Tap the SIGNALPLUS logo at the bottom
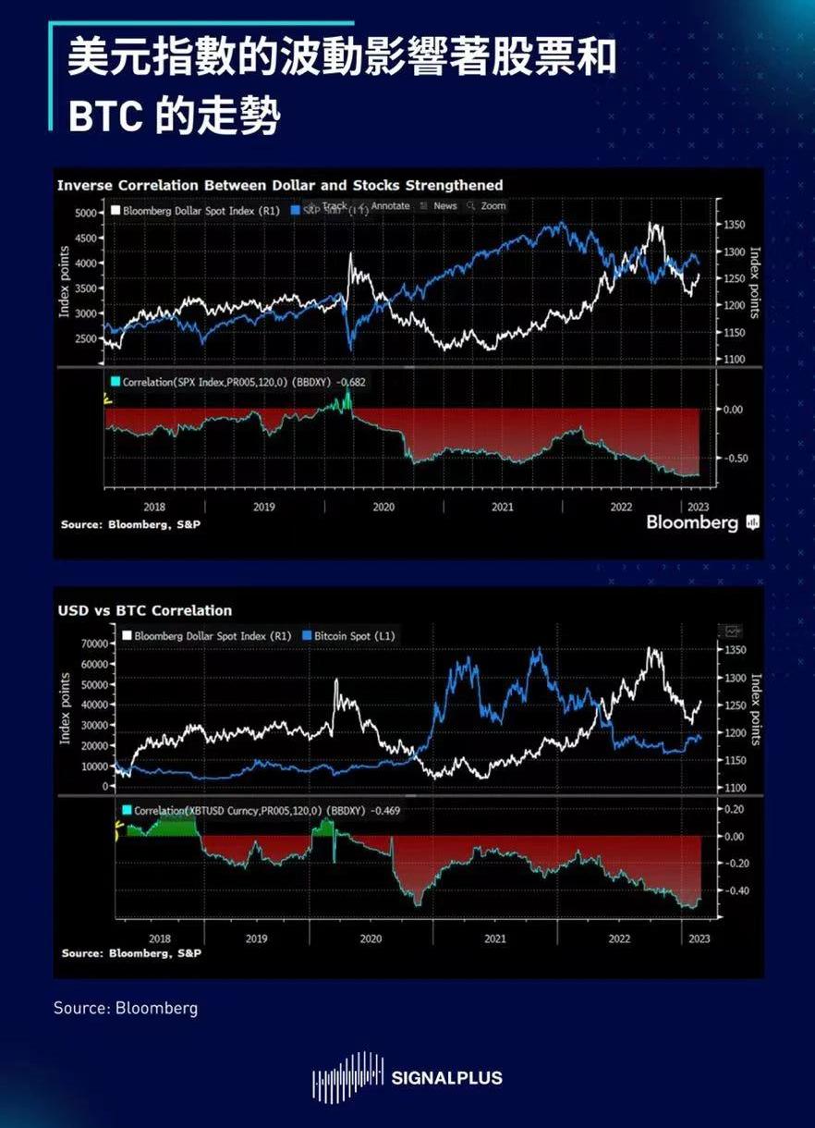click(407, 1077)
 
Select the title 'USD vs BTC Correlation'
click(144, 610)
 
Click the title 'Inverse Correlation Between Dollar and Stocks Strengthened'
click(280, 185)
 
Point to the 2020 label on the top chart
click(383, 507)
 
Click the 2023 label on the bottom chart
click(699, 938)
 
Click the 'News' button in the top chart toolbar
click(444, 206)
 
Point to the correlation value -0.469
click(389, 811)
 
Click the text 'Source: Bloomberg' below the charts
click(126, 1008)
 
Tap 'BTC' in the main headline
click(103, 116)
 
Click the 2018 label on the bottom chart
click(159, 938)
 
